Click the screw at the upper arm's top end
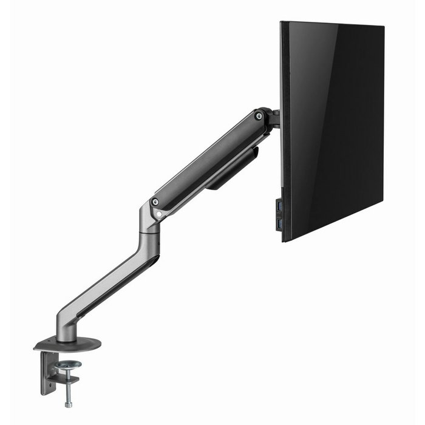[x=259, y=115]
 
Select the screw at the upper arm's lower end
[x=155, y=202]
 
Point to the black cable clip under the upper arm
[x=234, y=170]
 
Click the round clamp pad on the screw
[x=69, y=365]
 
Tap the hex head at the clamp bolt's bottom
[x=68, y=404]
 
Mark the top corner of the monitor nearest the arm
[x=282, y=23]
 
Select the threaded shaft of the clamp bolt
[x=69, y=389]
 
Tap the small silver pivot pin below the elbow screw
[x=158, y=214]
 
